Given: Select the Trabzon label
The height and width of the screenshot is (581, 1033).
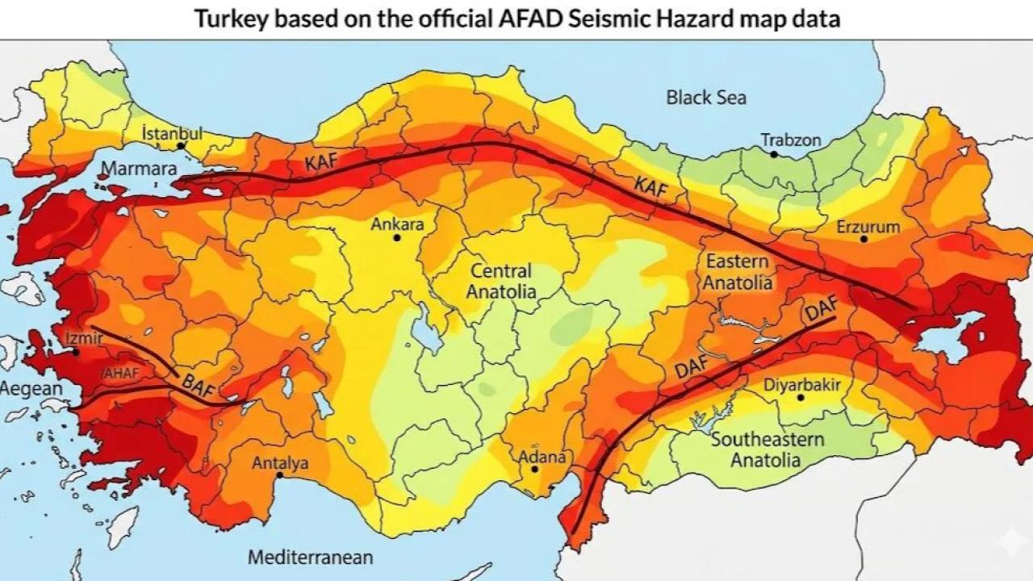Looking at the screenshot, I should (791, 140).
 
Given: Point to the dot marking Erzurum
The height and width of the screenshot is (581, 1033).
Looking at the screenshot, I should (864, 239).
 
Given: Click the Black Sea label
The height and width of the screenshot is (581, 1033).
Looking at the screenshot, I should (706, 98).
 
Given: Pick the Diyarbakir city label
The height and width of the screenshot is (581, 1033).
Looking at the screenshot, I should (802, 385).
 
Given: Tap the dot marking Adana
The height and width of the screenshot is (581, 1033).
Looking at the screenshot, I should (534, 469).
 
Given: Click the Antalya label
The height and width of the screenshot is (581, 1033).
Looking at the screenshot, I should (280, 463).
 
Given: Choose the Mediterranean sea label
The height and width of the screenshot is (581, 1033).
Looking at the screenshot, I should (310, 557).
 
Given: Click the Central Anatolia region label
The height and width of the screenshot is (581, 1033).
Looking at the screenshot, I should (501, 281).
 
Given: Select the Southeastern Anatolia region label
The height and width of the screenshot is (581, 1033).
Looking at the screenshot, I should (767, 449).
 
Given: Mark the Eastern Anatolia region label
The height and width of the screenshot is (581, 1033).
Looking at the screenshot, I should (738, 272).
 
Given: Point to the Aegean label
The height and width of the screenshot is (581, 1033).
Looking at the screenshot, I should (31, 389).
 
